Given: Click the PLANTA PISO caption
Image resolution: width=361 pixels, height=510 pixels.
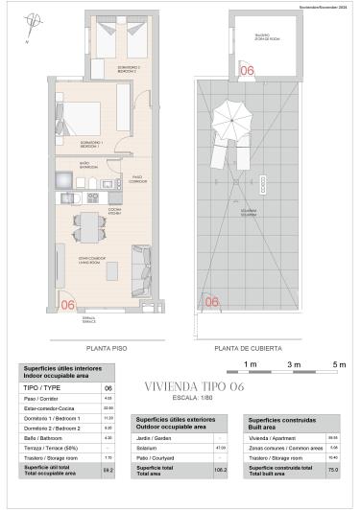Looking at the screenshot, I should point(102,349).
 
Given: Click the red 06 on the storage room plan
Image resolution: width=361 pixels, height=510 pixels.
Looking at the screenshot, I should point(247,70).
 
